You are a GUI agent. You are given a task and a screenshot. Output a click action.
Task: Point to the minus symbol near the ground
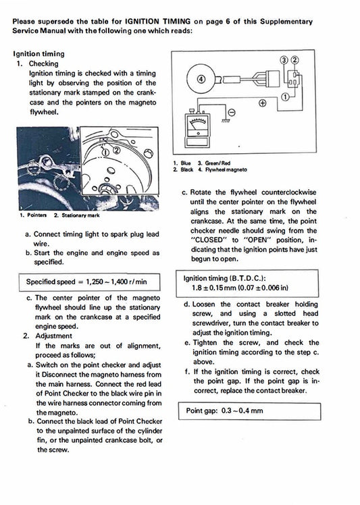pyautogui.click(x=231, y=111)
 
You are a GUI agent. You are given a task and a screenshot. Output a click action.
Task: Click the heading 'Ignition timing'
pyautogui.click(x=38, y=53)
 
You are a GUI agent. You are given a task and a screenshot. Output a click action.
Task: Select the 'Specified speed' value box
pyautogui.click(x=86, y=281)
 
